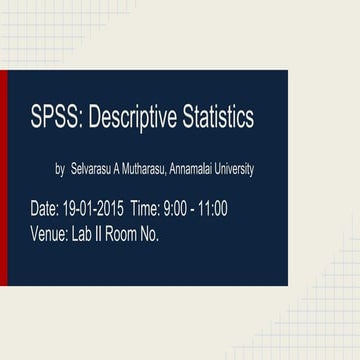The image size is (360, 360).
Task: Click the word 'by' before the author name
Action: pos(60,170)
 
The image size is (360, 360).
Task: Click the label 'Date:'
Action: pos(45,209)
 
